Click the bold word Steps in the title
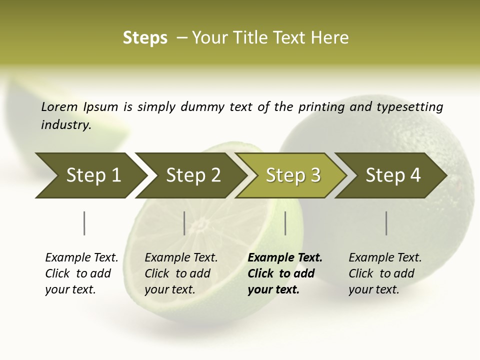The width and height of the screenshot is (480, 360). pos(145,38)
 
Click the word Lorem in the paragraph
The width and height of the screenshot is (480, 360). pos(59,106)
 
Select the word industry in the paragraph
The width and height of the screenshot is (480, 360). pos(66,124)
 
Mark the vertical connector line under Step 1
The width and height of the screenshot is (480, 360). pos(84,223)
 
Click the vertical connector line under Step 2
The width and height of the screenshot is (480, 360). pos(184,223)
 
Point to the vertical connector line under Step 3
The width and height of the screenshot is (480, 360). pos(285,223)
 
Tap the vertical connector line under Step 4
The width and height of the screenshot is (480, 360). pos(386,223)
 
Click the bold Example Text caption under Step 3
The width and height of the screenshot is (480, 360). pos(284,273)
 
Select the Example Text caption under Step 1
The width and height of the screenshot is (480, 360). pos(81,273)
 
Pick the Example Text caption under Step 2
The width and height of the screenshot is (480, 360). pos(181,273)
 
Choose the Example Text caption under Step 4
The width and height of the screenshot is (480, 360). pos(385,273)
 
